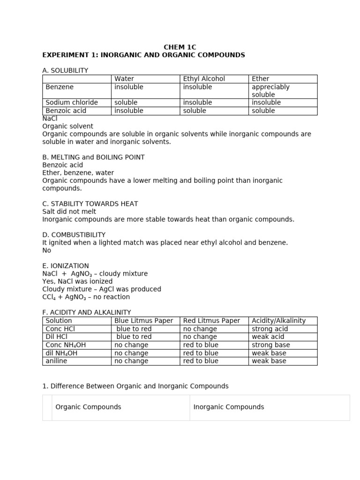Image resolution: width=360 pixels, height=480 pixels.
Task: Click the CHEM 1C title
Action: pos(180,47)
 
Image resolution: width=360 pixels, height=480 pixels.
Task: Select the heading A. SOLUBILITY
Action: pos(65,70)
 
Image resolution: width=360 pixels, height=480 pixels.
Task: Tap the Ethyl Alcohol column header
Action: pos(204,79)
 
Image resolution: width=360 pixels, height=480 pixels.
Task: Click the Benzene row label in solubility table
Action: pos(60,87)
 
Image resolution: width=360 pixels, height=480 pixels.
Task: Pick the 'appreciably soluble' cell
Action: pos(270,91)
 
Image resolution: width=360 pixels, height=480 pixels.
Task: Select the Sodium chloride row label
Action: pos(72,103)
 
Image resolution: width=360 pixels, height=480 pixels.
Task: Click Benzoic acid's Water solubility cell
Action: pos(129,111)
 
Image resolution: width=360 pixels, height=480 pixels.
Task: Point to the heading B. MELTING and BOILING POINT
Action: pos(93,157)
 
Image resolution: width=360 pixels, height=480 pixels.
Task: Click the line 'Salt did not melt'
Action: pos(69,211)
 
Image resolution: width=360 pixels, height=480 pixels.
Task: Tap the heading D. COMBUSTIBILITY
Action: pos(74,234)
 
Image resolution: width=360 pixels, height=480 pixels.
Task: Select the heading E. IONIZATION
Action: pos(66,266)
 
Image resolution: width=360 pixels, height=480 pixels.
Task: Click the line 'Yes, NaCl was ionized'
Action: pos(77,281)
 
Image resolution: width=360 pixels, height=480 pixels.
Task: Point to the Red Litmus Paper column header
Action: pos(211,321)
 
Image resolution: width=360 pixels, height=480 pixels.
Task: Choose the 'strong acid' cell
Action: pos(270,329)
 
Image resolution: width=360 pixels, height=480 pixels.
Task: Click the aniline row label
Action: pos(58,361)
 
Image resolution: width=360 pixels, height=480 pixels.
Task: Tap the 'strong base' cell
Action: pos(271,345)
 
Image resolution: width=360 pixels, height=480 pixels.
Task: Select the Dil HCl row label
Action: pos(57,337)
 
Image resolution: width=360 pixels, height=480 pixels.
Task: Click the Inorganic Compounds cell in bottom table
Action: pos(229,407)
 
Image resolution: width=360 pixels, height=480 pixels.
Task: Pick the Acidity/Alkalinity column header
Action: pos(278,321)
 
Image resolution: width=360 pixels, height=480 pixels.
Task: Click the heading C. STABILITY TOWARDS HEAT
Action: pos(90,204)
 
